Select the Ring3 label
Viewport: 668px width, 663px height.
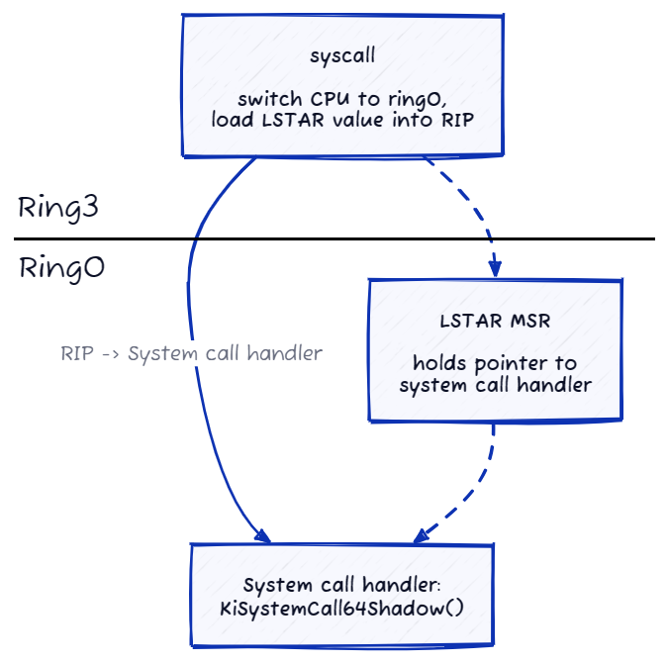coord(58,209)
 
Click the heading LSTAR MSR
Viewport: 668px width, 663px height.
coord(495,323)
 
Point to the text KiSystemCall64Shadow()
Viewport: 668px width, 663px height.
coord(340,605)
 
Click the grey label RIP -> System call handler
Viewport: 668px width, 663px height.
coord(191,352)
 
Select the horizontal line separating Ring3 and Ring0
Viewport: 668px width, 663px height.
coord(334,239)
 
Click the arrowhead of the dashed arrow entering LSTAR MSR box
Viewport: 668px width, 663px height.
coord(495,268)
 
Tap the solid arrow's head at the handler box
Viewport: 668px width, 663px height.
coord(262,536)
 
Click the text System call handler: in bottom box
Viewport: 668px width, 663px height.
coord(340,584)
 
